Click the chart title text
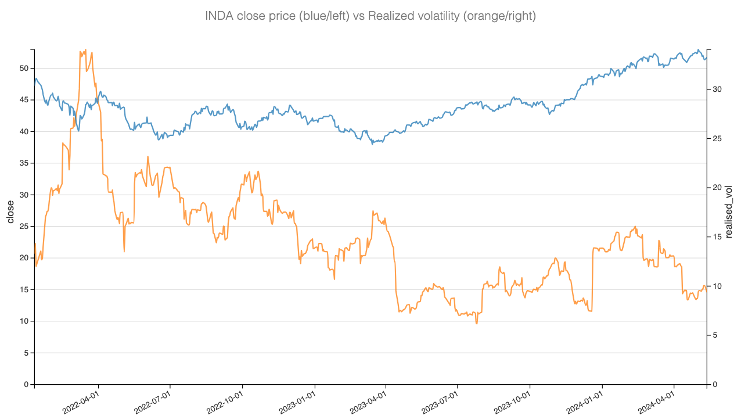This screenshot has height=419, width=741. pyautogui.click(x=370, y=16)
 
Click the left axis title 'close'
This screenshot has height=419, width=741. pyautogui.click(x=10, y=212)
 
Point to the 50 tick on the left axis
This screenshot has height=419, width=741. pyautogui.click(x=24, y=69)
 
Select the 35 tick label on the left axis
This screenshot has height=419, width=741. pyautogui.click(x=24, y=163)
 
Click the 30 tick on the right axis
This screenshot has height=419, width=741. pyautogui.click(x=717, y=89)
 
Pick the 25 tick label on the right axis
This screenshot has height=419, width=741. pyautogui.click(x=717, y=138)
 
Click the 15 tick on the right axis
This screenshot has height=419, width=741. pyautogui.click(x=717, y=237)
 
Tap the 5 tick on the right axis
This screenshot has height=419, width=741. pyautogui.click(x=715, y=335)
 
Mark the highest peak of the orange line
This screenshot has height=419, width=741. pyautogui.click(x=85, y=50)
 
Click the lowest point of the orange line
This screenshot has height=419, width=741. pyautogui.click(x=477, y=324)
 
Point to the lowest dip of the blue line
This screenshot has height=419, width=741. pyautogui.click(x=373, y=144)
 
